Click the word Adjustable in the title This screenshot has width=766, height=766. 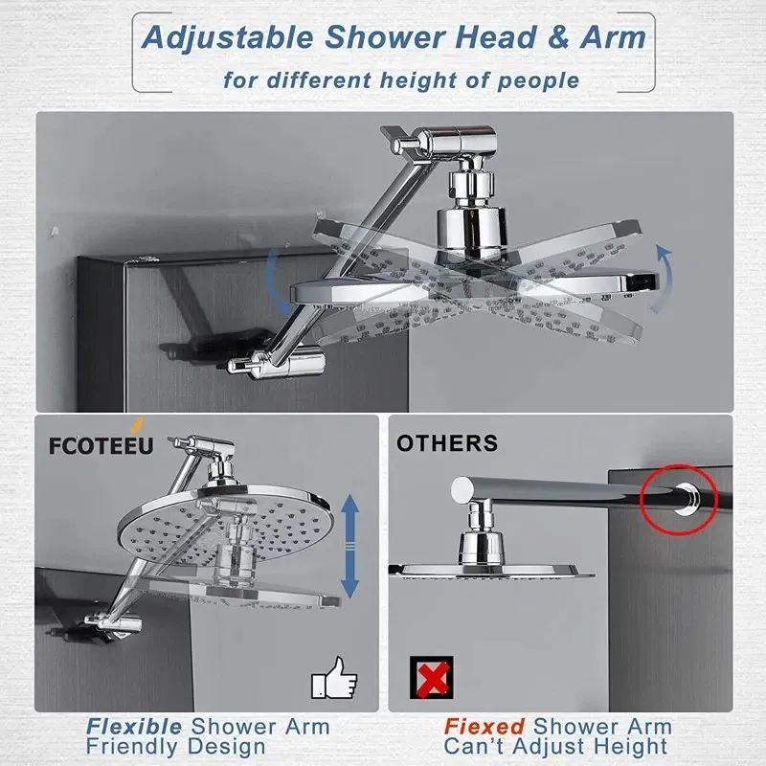(x=227, y=38)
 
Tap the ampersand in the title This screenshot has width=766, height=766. (x=558, y=37)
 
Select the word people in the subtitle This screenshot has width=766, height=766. (x=538, y=81)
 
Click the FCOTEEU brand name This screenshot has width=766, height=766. (x=101, y=445)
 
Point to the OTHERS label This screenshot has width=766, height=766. (x=447, y=443)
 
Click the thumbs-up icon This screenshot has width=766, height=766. (x=334, y=678)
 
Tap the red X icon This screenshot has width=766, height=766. (x=432, y=677)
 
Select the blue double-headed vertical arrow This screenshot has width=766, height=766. (x=349, y=546)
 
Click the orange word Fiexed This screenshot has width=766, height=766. (x=484, y=727)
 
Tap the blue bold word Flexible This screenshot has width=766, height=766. (x=134, y=727)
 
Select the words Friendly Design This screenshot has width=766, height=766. (x=176, y=747)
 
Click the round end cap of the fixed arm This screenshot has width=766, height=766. (x=462, y=490)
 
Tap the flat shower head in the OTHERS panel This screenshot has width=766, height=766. (x=491, y=570)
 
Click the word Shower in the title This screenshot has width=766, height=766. (x=385, y=37)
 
